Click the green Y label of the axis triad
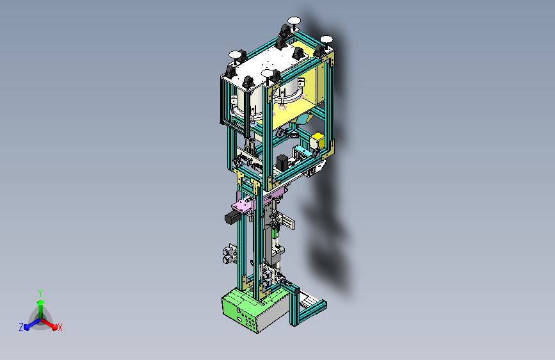coord(40,293)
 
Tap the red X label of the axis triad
coord(60,328)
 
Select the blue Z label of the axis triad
coord(21,327)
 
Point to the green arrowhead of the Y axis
coord(41,303)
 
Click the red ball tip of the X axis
coord(54,327)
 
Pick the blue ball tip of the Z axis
coord(27,328)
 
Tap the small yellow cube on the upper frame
coord(317,140)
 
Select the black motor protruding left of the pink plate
coord(232,217)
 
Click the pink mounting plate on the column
coord(243,206)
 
